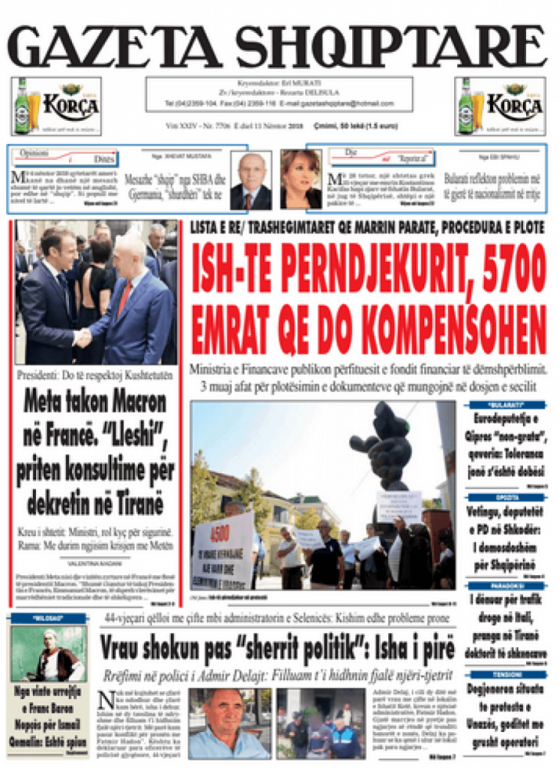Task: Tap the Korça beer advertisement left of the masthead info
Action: pyautogui.click(x=56, y=106)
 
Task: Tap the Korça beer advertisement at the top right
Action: pyautogui.click(x=500, y=106)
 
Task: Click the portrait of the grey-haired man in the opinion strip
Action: pyautogui.click(x=251, y=181)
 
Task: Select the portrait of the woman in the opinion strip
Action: pyautogui.click(x=300, y=179)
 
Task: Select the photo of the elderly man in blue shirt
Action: pyautogui.click(x=228, y=723)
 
